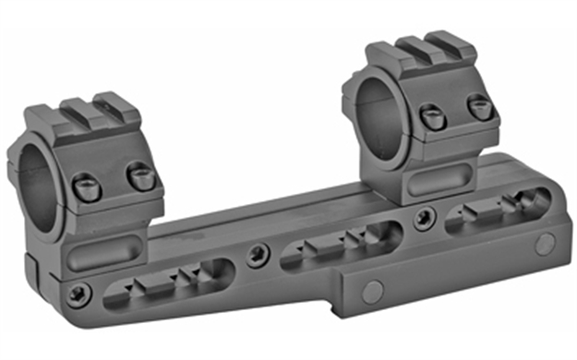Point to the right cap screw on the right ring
click(x=479, y=108)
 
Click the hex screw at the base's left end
click(x=77, y=294)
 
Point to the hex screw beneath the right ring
click(x=424, y=218)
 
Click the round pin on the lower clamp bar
click(x=372, y=293)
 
